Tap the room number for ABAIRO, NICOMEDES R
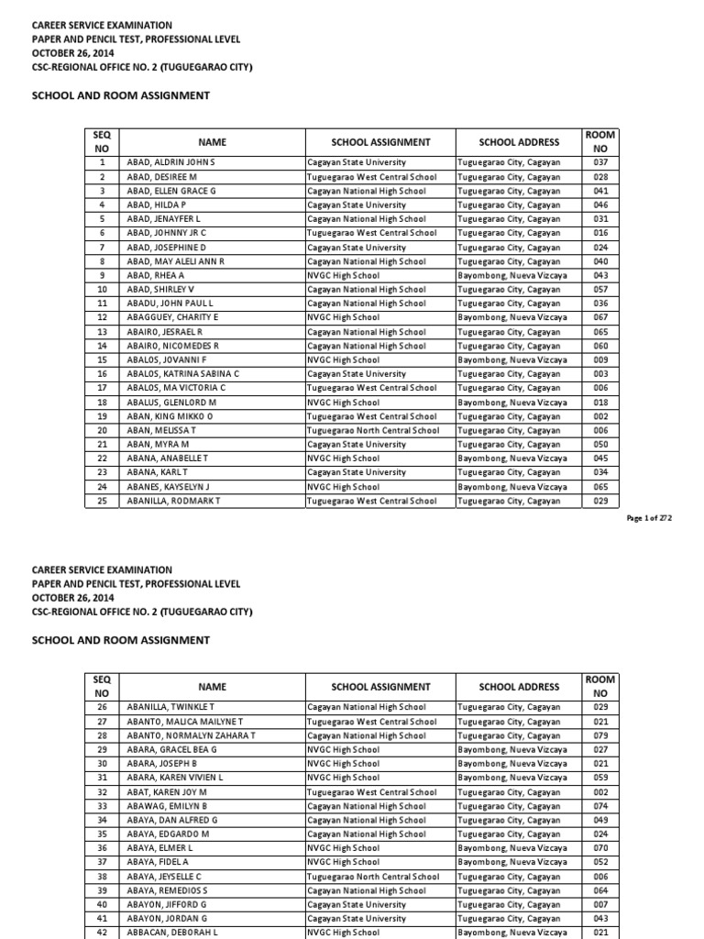pyautogui.click(x=600, y=346)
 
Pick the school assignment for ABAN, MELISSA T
pyautogui.click(x=373, y=430)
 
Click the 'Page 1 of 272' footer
pyautogui.click(x=649, y=518)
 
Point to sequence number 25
pyautogui.click(x=103, y=501)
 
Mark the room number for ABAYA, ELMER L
pyautogui.click(x=600, y=848)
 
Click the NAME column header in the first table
pyautogui.click(x=212, y=142)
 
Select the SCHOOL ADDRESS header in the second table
pyautogui.click(x=519, y=687)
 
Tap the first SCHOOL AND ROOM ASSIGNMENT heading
pyautogui.click(x=121, y=95)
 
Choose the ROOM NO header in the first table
pyautogui.click(x=600, y=142)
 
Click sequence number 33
pyautogui.click(x=103, y=806)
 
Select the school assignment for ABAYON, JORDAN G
pyautogui.click(x=357, y=919)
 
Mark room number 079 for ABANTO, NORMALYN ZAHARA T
pyautogui.click(x=600, y=735)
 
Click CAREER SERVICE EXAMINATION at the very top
pyautogui.click(x=102, y=25)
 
